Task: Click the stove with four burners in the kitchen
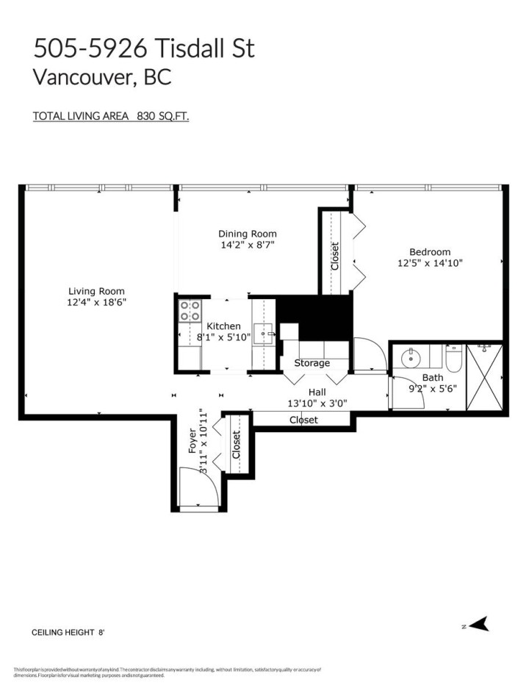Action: point(190,312)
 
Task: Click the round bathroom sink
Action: point(411,358)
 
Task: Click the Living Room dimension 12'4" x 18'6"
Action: point(97,302)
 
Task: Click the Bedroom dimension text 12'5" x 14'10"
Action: point(430,262)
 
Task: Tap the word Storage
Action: point(312,363)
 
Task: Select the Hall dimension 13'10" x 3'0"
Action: point(317,402)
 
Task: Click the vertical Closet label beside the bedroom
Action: point(335,256)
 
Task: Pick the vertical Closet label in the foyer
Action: point(237,445)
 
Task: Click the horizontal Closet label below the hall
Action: point(303,420)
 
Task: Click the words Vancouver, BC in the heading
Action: point(102,77)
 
